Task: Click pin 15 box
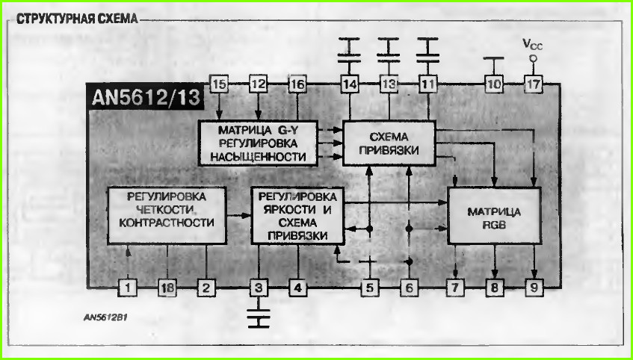point(219,84)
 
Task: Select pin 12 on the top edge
point(259,84)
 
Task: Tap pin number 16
point(297,84)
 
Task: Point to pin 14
point(350,84)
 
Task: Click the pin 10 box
point(494,84)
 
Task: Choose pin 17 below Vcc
point(534,84)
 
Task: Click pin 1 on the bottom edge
point(128,288)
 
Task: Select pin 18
point(167,288)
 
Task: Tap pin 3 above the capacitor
point(259,288)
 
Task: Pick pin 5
point(370,288)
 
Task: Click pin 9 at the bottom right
point(534,288)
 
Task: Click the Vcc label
point(533,44)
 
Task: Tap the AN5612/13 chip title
point(146,97)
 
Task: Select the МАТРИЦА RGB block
point(495,216)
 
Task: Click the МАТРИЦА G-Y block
point(258,143)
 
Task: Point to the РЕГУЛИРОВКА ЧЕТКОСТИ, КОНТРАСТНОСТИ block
point(167,215)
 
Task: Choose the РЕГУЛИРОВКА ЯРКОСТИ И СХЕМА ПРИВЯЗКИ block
point(297,215)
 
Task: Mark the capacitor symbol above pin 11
point(428,50)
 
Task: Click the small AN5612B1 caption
point(106,317)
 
